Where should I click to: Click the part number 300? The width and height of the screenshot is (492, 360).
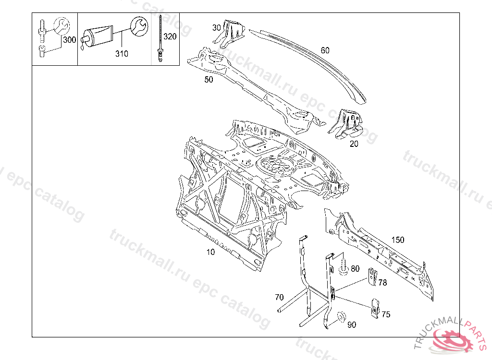click(x=70, y=40)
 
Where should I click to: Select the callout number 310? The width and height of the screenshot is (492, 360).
click(x=122, y=54)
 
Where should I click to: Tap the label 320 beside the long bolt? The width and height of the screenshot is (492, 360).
click(x=170, y=36)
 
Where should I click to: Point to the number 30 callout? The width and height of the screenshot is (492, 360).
click(x=217, y=28)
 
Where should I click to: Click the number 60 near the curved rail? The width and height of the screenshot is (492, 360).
click(x=325, y=50)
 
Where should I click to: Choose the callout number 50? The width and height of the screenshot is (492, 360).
click(x=209, y=80)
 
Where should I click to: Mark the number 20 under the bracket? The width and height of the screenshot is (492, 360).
click(x=354, y=144)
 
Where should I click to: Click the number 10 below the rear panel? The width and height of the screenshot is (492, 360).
click(x=210, y=252)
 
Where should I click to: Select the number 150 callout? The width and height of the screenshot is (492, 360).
click(x=398, y=240)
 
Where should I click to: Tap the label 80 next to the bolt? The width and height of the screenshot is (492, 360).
click(x=355, y=269)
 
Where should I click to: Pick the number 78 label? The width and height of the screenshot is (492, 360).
click(x=382, y=283)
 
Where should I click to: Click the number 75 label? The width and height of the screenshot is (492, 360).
click(x=386, y=314)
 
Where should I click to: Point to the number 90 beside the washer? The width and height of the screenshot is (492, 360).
click(x=352, y=325)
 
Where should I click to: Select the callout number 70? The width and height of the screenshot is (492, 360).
click(x=279, y=297)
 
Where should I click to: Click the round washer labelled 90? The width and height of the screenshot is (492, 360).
click(x=341, y=317)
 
